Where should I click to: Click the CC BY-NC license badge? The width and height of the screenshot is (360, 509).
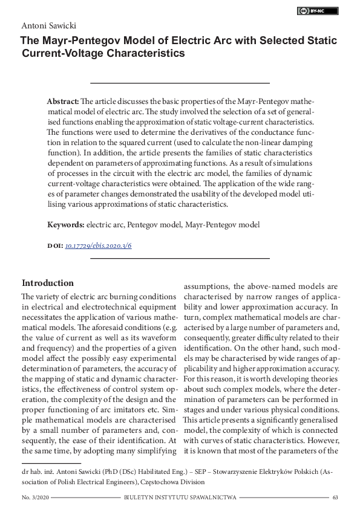click(318, 11)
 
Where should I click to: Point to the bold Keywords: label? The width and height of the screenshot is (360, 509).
click(66, 225)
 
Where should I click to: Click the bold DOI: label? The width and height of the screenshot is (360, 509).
click(54, 246)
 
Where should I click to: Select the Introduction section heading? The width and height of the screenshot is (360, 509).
click(48, 283)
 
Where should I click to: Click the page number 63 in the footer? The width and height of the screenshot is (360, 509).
click(335, 497)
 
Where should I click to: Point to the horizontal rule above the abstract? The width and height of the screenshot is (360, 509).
click(180, 82)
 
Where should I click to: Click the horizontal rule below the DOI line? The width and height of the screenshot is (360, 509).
click(180, 258)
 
